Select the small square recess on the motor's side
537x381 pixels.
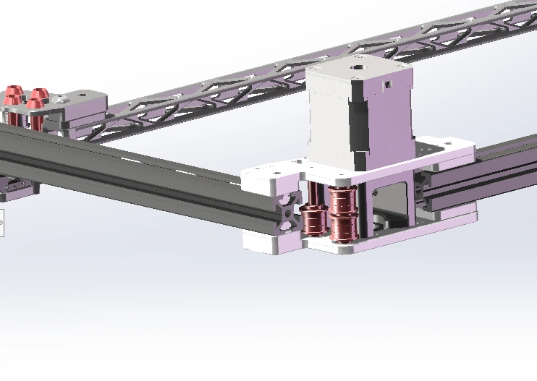tap(387, 86)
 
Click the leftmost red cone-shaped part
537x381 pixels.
tap(12, 95)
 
